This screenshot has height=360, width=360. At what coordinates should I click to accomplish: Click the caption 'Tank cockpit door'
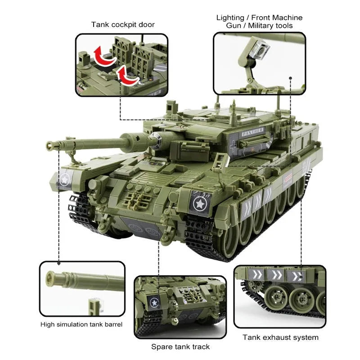tap(123, 25)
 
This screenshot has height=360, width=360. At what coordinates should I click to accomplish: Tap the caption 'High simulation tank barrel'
tap(81, 324)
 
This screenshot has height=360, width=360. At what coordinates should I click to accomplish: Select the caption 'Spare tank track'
tap(180, 346)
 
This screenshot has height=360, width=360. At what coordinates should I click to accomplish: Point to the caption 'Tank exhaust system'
tap(280, 337)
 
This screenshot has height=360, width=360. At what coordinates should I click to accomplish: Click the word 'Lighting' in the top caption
tap(230, 18)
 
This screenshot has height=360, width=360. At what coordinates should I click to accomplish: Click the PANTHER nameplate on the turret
tap(252, 131)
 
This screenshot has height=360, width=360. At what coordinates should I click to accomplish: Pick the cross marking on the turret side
tap(234, 146)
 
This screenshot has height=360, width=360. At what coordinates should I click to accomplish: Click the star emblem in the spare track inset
tap(154, 303)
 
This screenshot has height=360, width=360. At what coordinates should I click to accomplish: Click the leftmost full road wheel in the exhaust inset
tap(275, 299)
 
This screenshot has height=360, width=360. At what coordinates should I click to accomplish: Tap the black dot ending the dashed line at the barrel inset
tap(59, 263)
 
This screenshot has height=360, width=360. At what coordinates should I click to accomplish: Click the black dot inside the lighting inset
tap(290, 78)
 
